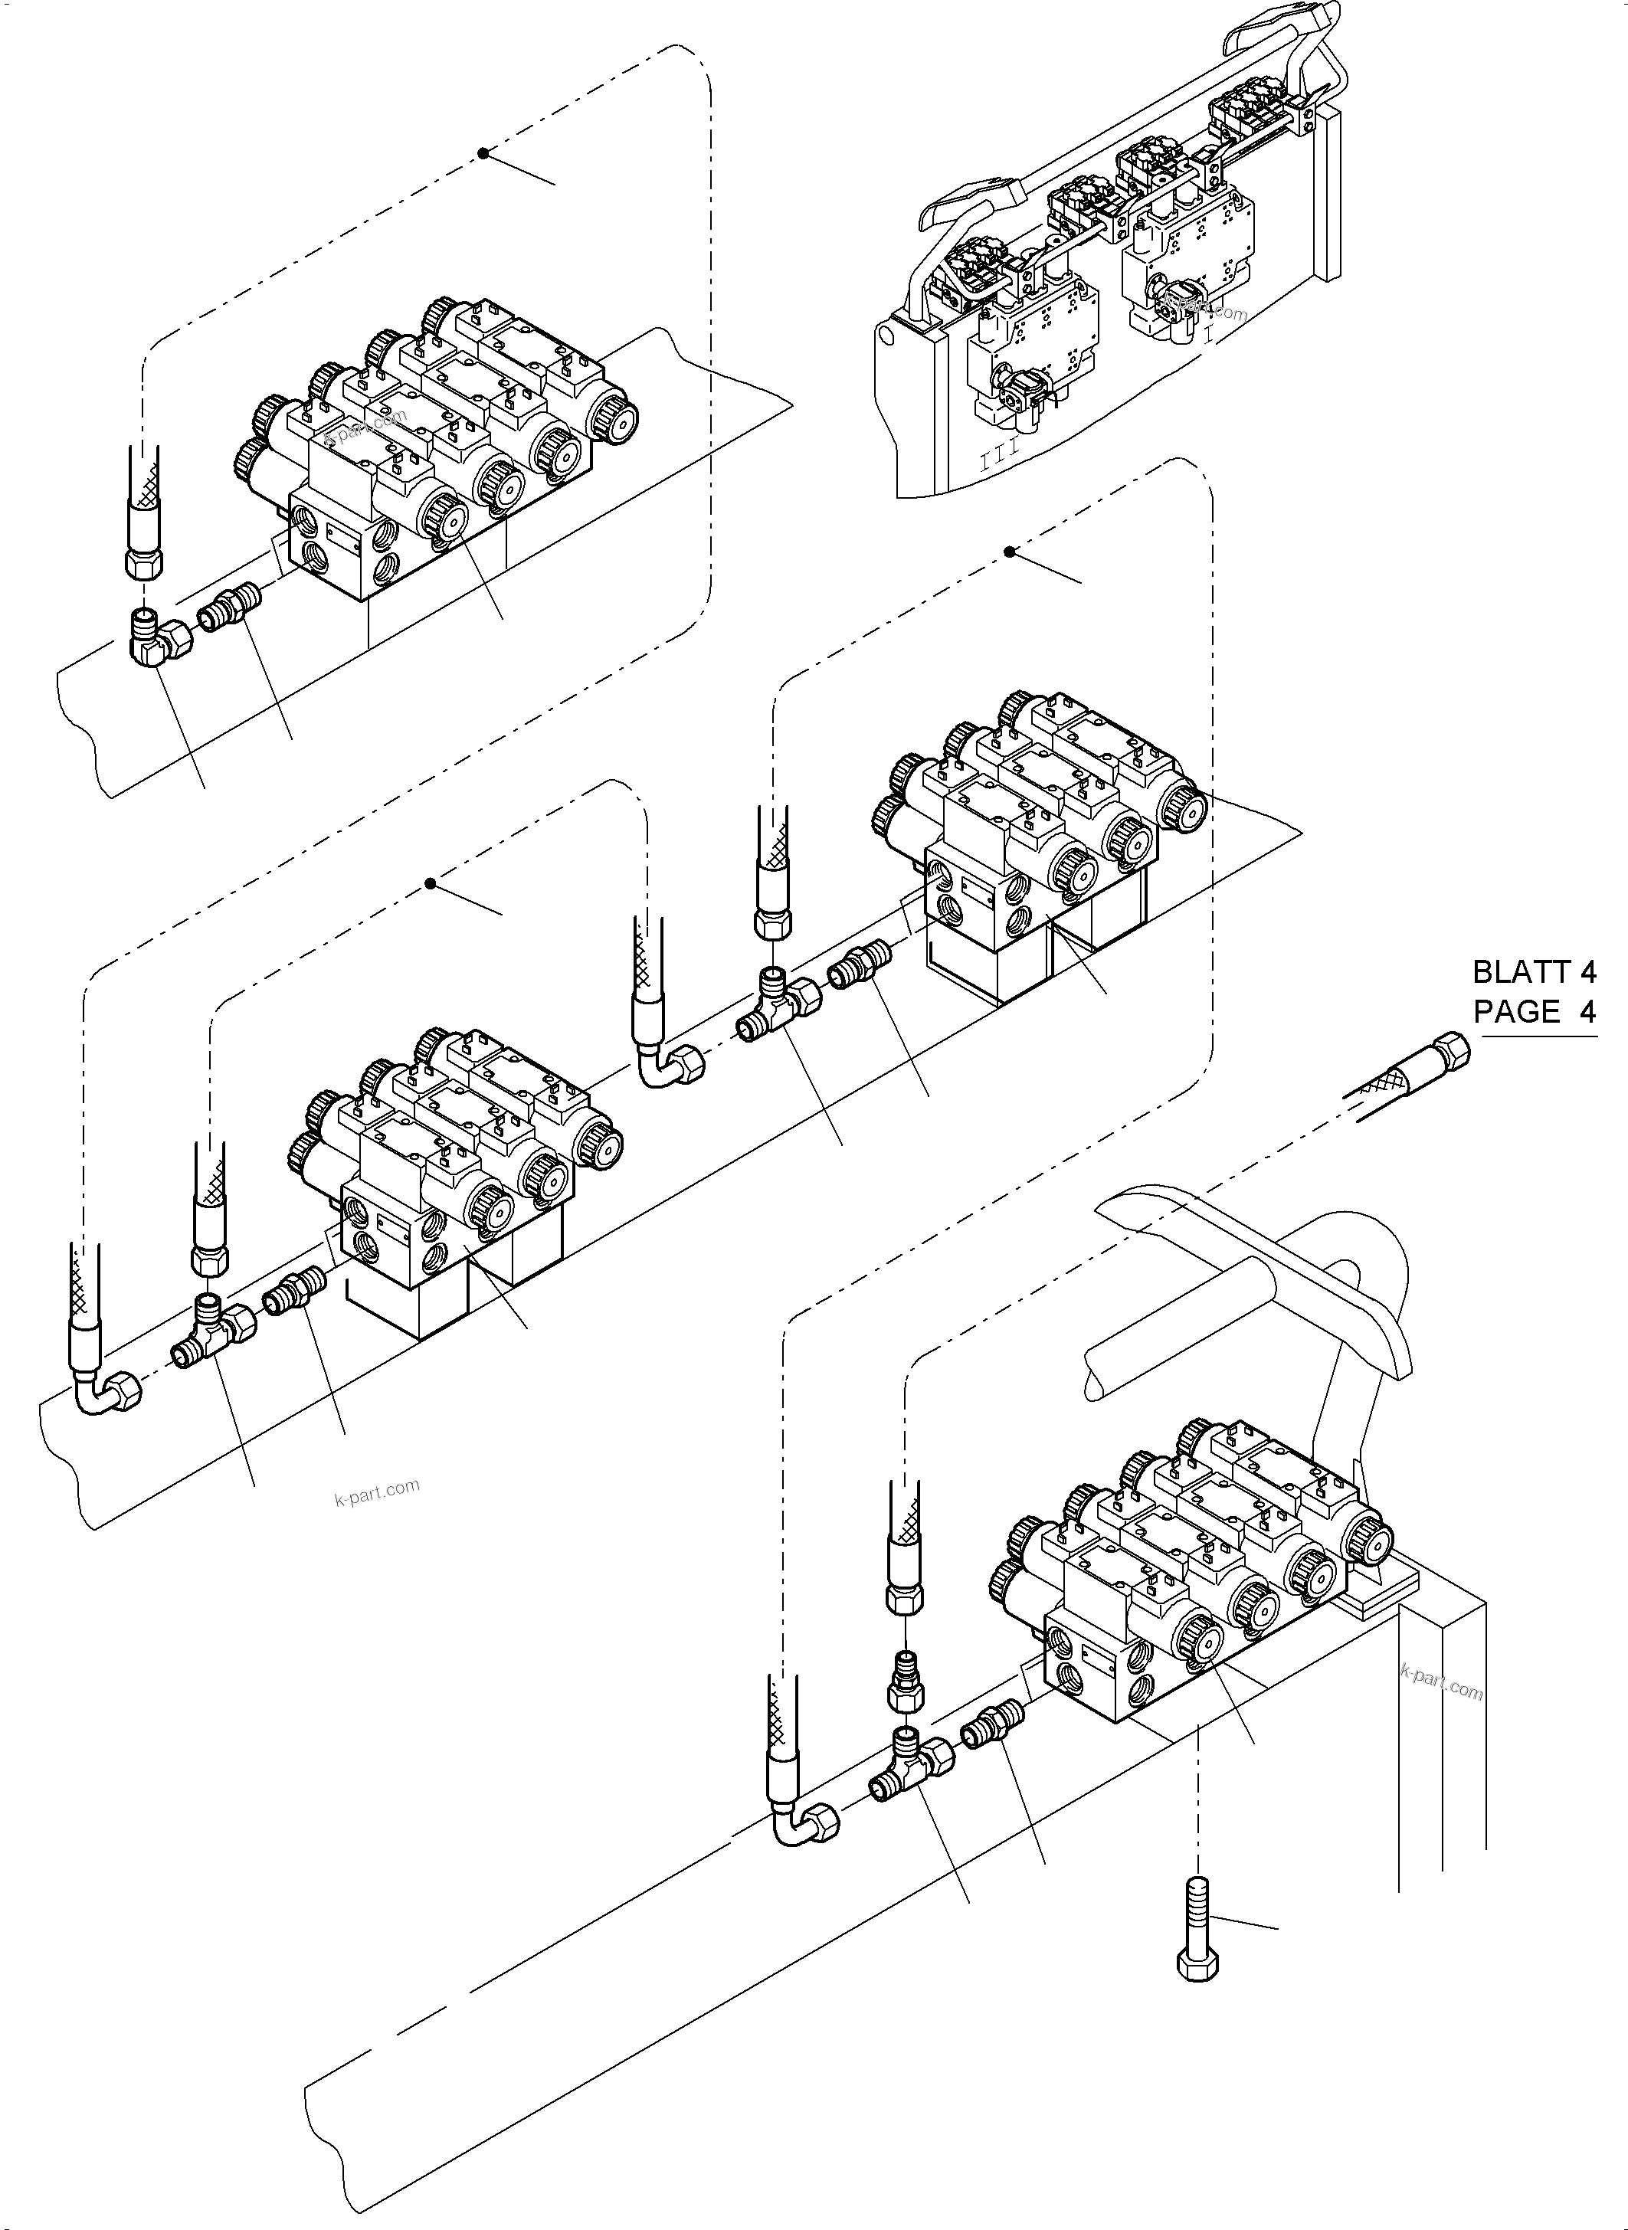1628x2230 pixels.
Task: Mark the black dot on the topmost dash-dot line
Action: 483,152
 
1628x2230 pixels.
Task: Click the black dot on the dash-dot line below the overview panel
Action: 1009,552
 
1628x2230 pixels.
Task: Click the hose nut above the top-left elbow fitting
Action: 145,562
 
